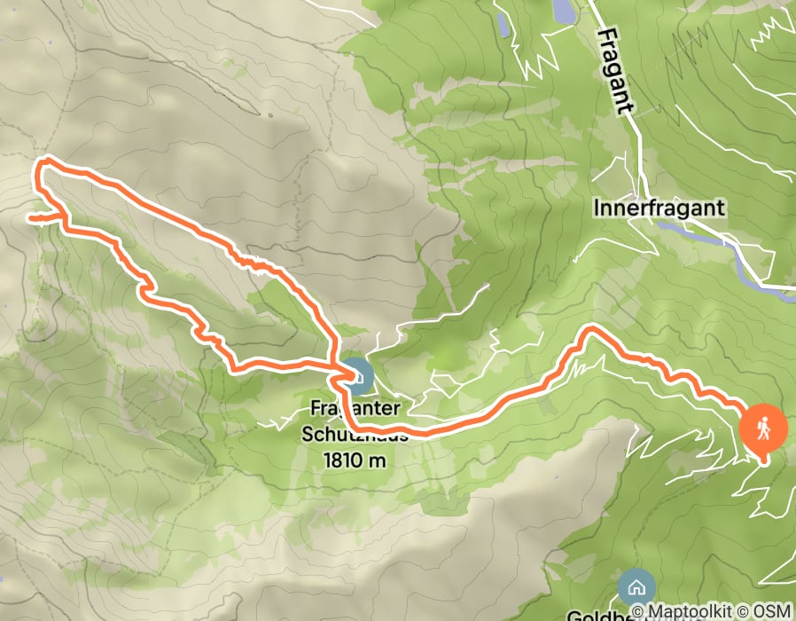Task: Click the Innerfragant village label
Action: pyautogui.click(x=660, y=208)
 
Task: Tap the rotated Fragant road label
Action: pyautogui.click(x=616, y=70)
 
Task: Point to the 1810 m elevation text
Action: pyautogui.click(x=355, y=460)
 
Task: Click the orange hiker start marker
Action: pyautogui.click(x=763, y=430)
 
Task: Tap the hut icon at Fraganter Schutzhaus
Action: pyautogui.click(x=357, y=376)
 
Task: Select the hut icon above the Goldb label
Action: pyautogui.click(x=636, y=586)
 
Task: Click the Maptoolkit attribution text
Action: pyautogui.click(x=693, y=611)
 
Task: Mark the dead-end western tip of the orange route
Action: pyautogui.click(x=30, y=217)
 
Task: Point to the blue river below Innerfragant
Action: pyautogui.click(x=700, y=235)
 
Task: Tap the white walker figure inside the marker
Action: pyautogui.click(x=763, y=429)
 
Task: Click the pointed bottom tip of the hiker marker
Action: pyautogui.click(x=764, y=460)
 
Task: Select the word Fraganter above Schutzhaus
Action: pyautogui.click(x=354, y=410)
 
